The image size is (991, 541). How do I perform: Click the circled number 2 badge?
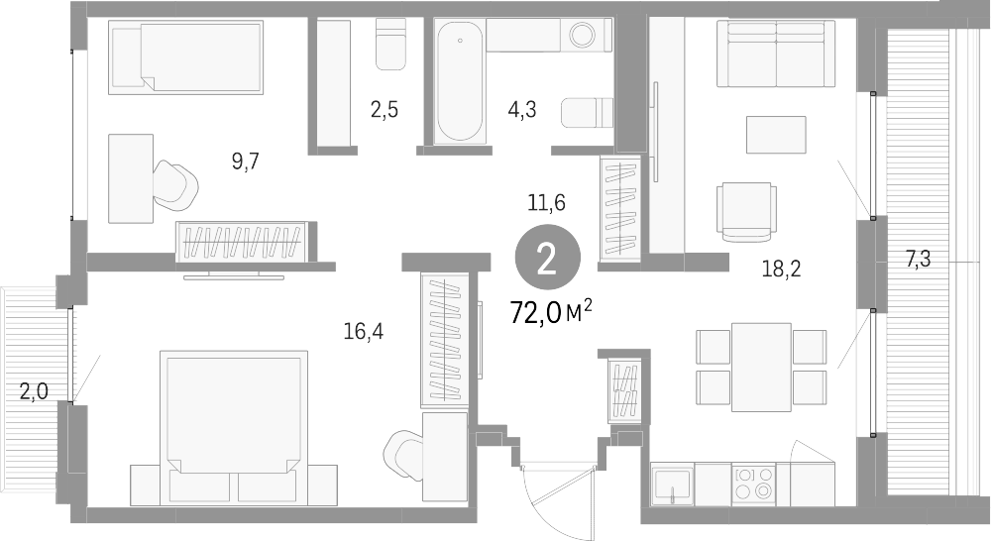pos(545,260)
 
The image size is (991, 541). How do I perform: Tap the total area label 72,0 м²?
pos(550,313)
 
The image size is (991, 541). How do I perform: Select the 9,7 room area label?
pos(245,162)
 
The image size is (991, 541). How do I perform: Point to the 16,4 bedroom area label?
pos(363,332)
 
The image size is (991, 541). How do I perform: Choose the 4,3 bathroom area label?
pos(522,110)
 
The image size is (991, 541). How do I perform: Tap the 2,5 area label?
pos(385,110)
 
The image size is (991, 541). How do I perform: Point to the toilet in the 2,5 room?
pos(391,45)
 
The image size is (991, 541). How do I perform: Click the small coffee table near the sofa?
pos(776,134)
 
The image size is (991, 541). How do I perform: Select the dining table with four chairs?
pos(761,367)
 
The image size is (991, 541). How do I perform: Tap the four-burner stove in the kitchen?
pos(753,483)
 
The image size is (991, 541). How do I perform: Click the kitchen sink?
pos(673,487)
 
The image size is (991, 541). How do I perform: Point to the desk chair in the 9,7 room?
pos(176,184)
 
